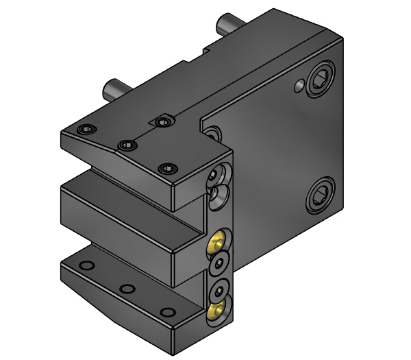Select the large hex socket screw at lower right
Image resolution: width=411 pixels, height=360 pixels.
point(320,196)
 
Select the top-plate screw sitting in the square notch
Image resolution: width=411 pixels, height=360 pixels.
point(162,121)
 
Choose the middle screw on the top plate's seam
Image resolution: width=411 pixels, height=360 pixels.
point(125,145)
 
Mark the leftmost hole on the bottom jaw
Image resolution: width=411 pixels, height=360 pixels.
point(85,265)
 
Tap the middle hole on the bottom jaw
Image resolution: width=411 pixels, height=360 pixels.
point(125,288)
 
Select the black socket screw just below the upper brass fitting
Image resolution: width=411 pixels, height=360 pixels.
point(219,263)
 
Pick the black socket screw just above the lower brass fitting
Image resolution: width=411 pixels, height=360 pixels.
point(219,289)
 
